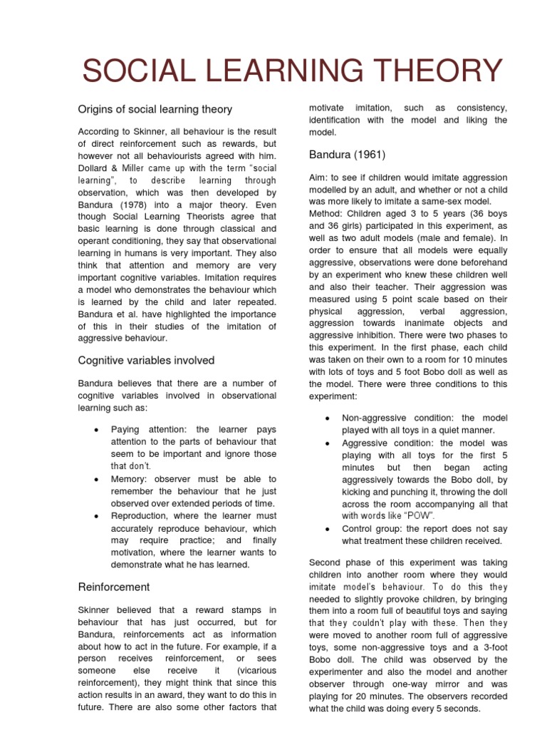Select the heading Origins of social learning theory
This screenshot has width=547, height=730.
coord(155,109)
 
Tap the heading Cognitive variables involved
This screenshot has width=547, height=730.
coord(146,360)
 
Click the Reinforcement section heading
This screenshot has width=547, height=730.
coord(113,587)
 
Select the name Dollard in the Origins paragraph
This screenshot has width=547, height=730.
coord(94,168)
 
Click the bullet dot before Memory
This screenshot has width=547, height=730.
coord(95,479)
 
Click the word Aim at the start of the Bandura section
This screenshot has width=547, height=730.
coord(318,177)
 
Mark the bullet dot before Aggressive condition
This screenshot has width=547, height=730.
coord(326,443)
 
